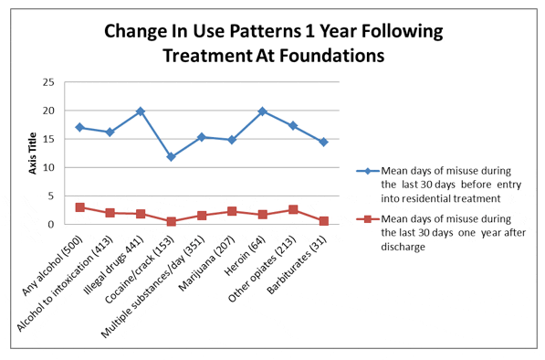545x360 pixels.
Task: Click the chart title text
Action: (273, 43)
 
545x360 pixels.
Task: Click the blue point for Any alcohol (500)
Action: (79, 127)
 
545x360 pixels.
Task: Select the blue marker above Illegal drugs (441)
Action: (141, 111)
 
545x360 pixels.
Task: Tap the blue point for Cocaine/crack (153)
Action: (171, 157)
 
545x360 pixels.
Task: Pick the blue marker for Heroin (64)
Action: (262, 111)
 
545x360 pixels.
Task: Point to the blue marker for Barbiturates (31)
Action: (323, 142)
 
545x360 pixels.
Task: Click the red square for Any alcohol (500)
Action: (79, 207)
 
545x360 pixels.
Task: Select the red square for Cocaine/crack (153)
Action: (171, 221)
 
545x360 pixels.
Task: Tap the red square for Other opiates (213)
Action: (292, 209)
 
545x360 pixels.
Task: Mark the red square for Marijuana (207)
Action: (232, 211)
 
